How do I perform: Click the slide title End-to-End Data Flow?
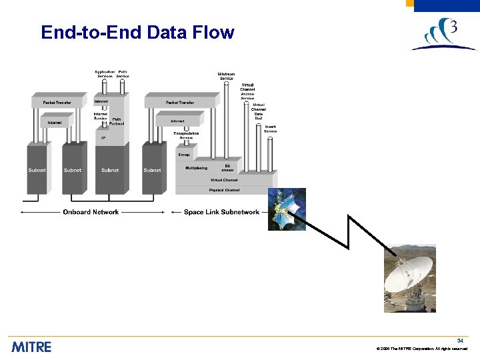[x=137, y=32]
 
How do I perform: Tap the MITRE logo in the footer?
[x=31, y=347]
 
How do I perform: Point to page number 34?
[x=460, y=341]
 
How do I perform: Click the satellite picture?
[x=287, y=209]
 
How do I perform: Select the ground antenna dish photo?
[x=409, y=278]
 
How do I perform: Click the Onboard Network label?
[x=91, y=212]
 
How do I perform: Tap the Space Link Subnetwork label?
[x=221, y=212]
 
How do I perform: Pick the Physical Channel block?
[x=224, y=190]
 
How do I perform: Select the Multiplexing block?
[x=196, y=168]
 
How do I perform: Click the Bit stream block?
[x=227, y=168]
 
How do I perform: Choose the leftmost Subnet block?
[x=37, y=170]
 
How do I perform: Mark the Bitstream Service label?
[x=227, y=76]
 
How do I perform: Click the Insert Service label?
[x=270, y=129]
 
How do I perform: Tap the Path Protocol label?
[x=117, y=121]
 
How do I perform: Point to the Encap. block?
[x=184, y=154]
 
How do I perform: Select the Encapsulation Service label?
[x=186, y=135]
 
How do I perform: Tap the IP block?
[x=103, y=138]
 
